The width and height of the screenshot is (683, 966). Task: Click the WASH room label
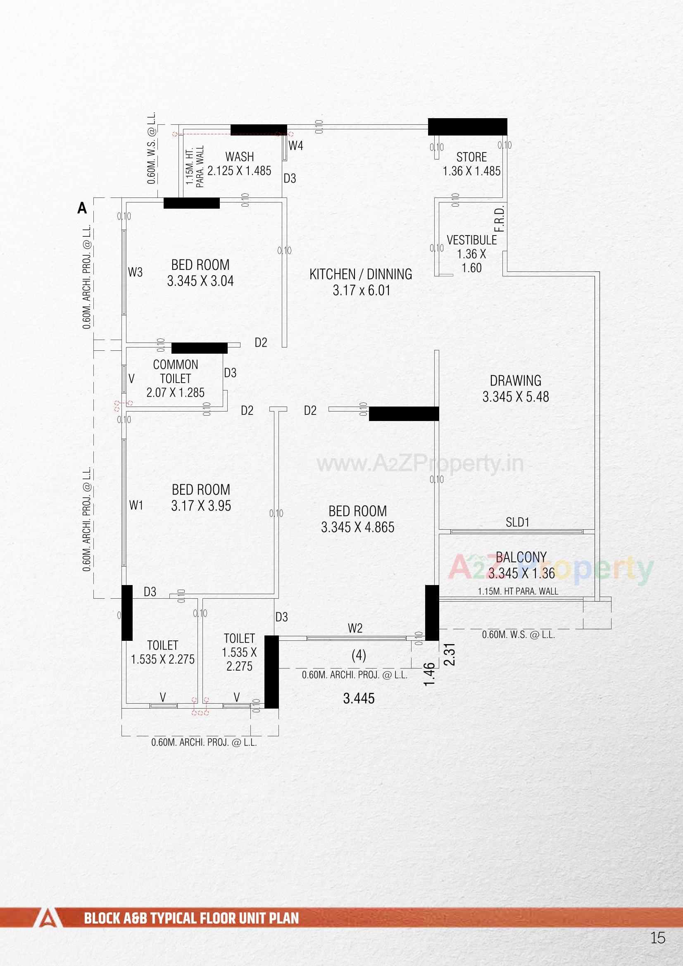click(240, 157)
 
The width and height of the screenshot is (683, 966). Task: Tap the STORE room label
click(471, 157)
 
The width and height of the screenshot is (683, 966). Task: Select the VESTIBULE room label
click(471, 240)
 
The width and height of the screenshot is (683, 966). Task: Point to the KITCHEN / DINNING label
click(361, 274)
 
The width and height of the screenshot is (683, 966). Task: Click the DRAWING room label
click(516, 381)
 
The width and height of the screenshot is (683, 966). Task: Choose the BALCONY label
click(521, 557)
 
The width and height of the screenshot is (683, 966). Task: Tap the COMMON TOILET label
click(176, 371)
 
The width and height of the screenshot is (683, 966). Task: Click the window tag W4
click(296, 146)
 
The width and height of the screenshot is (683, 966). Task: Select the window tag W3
click(135, 273)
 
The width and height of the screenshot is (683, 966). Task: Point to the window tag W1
click(136, 505)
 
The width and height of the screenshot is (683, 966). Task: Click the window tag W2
click(355, 628)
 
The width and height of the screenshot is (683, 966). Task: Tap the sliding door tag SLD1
click(517, 523)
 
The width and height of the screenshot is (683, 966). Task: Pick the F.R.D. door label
click(500, 219)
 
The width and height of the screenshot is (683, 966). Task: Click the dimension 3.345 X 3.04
click(200, 281)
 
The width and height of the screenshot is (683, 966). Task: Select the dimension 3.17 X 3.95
click(201, 506)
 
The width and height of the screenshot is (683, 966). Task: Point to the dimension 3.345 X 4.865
click(358, 528)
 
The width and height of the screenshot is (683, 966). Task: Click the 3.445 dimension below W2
click(359, 699)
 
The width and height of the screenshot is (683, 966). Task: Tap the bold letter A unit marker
click(82, 208)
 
